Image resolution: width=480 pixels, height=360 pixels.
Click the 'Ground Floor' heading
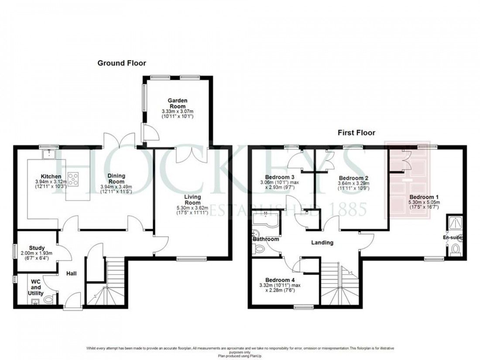coord(121,63)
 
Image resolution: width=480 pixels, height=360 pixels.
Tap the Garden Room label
coord(177,103)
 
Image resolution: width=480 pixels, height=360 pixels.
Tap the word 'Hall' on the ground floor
coord(71,274)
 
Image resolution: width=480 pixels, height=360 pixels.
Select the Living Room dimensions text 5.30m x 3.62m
coord(192,208)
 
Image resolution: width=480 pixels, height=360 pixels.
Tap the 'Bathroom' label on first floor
coord(265,239)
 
